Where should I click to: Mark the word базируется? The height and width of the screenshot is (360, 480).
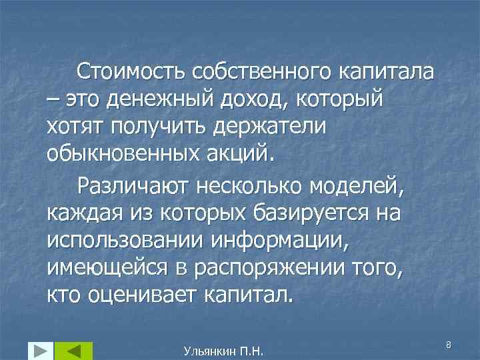click(x=312, y=217)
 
